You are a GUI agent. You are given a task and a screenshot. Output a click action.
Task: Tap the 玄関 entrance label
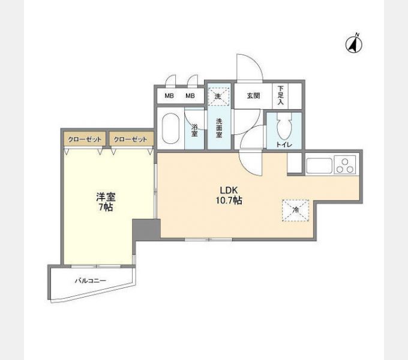click(x=252, y=96)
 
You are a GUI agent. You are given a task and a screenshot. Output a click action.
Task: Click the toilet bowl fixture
click(x=286, y=126)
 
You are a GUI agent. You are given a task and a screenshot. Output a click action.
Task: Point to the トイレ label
click(x=284, y=145)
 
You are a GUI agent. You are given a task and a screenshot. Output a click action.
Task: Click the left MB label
click(x=170, y=96)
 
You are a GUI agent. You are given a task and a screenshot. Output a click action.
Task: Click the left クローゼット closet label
click(x=84, y=139)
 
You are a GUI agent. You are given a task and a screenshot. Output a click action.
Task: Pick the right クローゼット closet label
click(x=130, y=139)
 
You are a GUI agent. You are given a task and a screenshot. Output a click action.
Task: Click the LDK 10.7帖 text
click(x=229, y=196)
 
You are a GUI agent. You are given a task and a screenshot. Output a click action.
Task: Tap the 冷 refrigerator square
click(x=295, y=210)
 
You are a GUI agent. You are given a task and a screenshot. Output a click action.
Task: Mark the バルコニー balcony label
click(x=90, y=280)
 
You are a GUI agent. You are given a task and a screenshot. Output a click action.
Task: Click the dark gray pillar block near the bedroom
click(x=146, y=228)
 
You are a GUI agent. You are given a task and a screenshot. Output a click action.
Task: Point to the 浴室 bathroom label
click(x=194, y=130)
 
